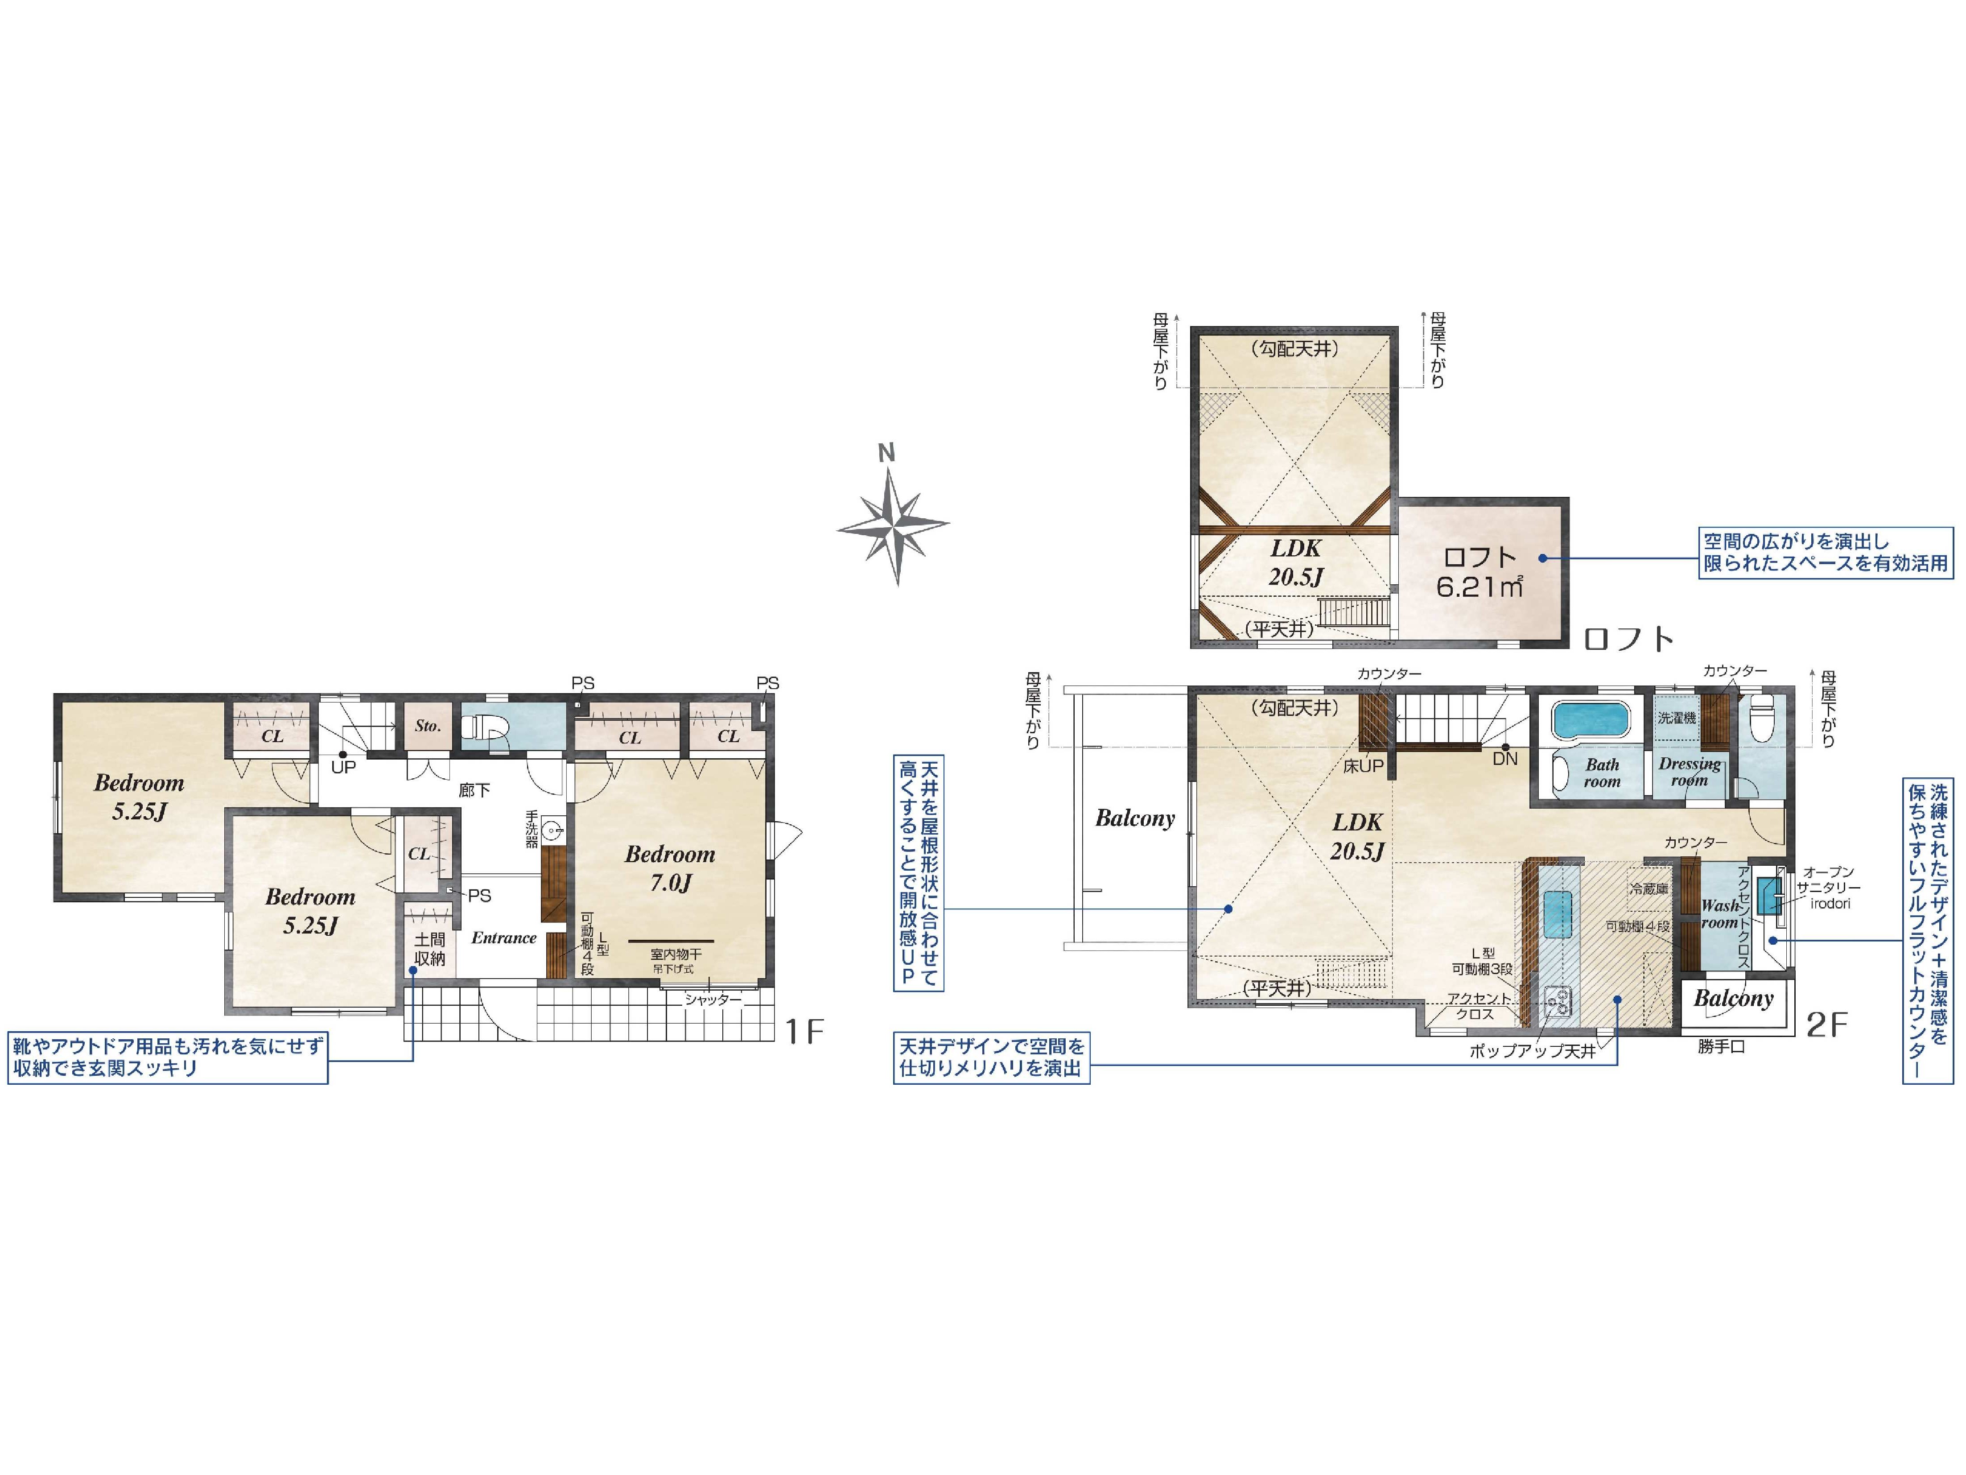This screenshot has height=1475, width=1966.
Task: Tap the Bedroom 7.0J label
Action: pos(670,868)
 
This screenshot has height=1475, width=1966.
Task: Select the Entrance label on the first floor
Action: pos(504,937)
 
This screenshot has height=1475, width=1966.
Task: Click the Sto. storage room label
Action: pos(428,726)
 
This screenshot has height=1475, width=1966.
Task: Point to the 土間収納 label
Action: pos(429,949)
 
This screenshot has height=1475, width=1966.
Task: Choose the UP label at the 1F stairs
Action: pos(343,766)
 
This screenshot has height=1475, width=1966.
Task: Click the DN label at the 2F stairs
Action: pos(1505,758)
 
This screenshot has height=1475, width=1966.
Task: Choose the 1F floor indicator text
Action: pos(804,1030)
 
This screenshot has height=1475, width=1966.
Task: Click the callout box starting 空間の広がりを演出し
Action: pos(1826,552)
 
